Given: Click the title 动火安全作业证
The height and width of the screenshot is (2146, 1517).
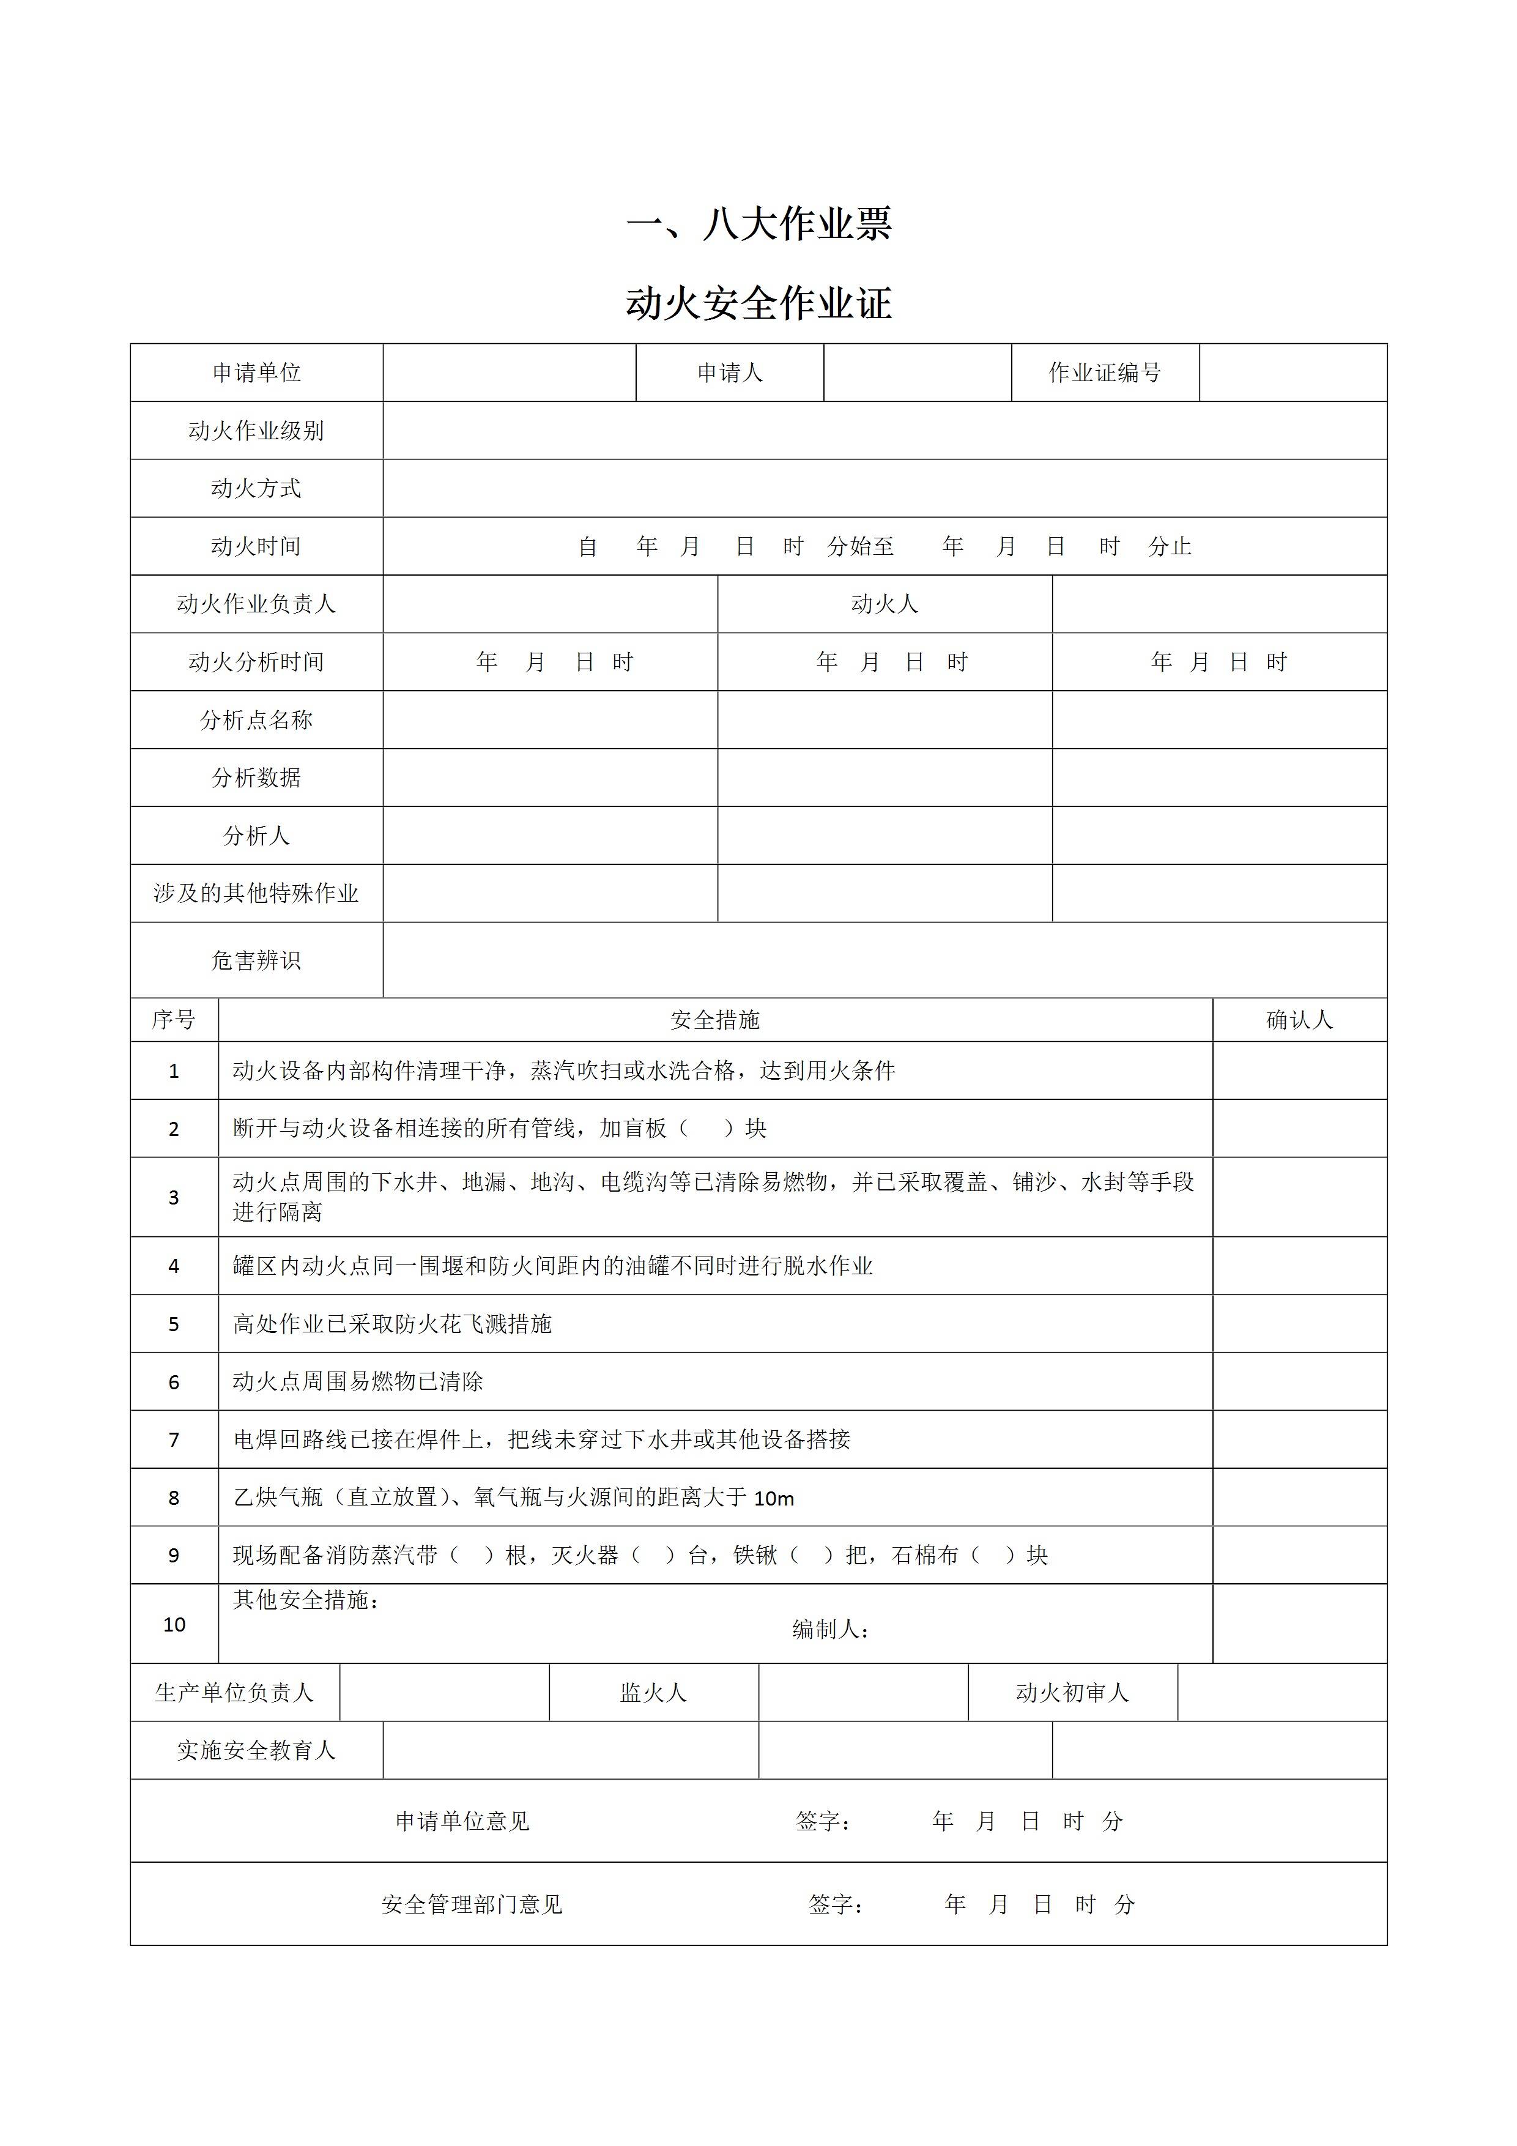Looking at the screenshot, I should coord(758,304).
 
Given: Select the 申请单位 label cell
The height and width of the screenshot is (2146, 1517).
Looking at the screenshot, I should coord(256,373).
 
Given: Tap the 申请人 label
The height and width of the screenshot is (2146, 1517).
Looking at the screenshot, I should coord(729,373).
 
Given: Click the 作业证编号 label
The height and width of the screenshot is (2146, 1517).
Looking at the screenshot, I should coord(1104,373).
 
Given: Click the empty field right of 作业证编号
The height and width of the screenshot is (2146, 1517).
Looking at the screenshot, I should coord(1293,373).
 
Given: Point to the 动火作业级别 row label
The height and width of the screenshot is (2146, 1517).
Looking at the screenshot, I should coord(256,431).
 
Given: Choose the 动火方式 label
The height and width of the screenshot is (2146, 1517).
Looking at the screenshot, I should coord(256,488).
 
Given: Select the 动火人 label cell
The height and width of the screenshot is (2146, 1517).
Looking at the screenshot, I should coord(885,604).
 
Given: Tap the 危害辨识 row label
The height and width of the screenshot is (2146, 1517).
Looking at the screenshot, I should coord(256,961).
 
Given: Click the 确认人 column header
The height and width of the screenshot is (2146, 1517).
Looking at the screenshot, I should coord(1299,1020).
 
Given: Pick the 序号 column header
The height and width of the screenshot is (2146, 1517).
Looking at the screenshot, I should coord(174,1020).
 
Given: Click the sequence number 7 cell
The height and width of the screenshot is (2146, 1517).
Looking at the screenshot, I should coord(174,1440).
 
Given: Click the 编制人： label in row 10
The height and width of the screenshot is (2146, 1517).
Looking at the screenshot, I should coord(831,1630).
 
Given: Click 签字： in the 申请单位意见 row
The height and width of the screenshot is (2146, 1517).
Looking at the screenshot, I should coord(823,1822).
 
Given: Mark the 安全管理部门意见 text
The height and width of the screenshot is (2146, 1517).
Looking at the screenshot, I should coord(472,1905).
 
